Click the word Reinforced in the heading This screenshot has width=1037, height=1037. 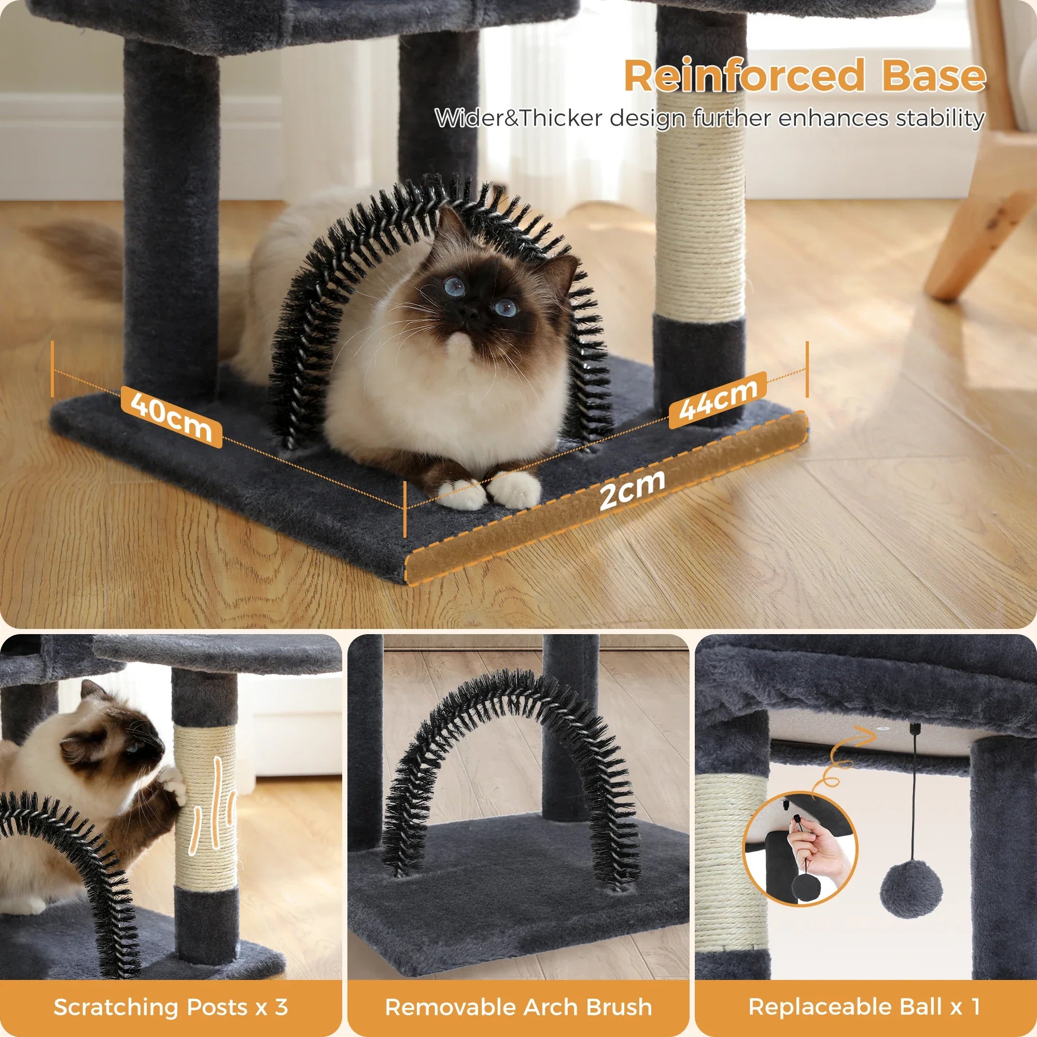click(744, 76)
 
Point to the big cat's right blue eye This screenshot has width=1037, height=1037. click(505, 307)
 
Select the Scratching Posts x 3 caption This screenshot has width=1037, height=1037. click(171, 1007)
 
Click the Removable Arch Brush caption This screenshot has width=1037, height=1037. click(518, 1007)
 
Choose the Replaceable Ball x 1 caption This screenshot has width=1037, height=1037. click(865, 1007)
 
